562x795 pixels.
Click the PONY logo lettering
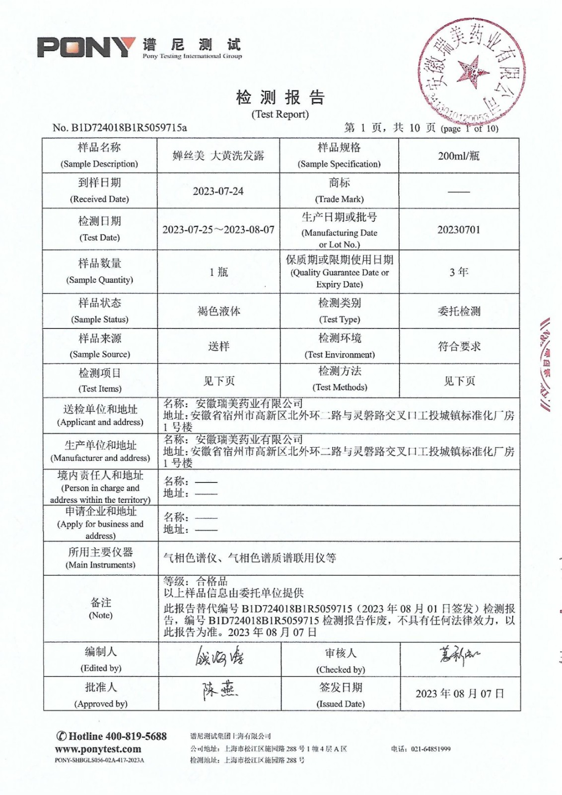(85, 48)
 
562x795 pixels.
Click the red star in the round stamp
(468, 71)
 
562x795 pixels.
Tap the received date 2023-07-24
(218, 191)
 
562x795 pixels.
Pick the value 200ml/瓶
(459, 156)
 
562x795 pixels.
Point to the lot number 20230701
(459, 230)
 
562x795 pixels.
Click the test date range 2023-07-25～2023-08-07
(218, 230)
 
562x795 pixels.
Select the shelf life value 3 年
(459, 272)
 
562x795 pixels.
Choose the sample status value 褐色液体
(218, 311)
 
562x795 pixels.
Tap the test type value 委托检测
(459, 311)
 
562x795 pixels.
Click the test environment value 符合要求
(459, 346)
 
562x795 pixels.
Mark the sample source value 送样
(218, 346)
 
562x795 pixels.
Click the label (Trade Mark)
(339, 199)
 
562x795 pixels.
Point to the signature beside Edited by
(219, 658)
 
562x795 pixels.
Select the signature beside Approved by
(219, 691)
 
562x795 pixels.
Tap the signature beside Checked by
(459, 656)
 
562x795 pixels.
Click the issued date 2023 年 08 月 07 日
(460, 694)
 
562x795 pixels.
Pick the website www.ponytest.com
(98, 749)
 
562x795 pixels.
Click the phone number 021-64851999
(430, 749)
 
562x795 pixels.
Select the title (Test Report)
(280, 114)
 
